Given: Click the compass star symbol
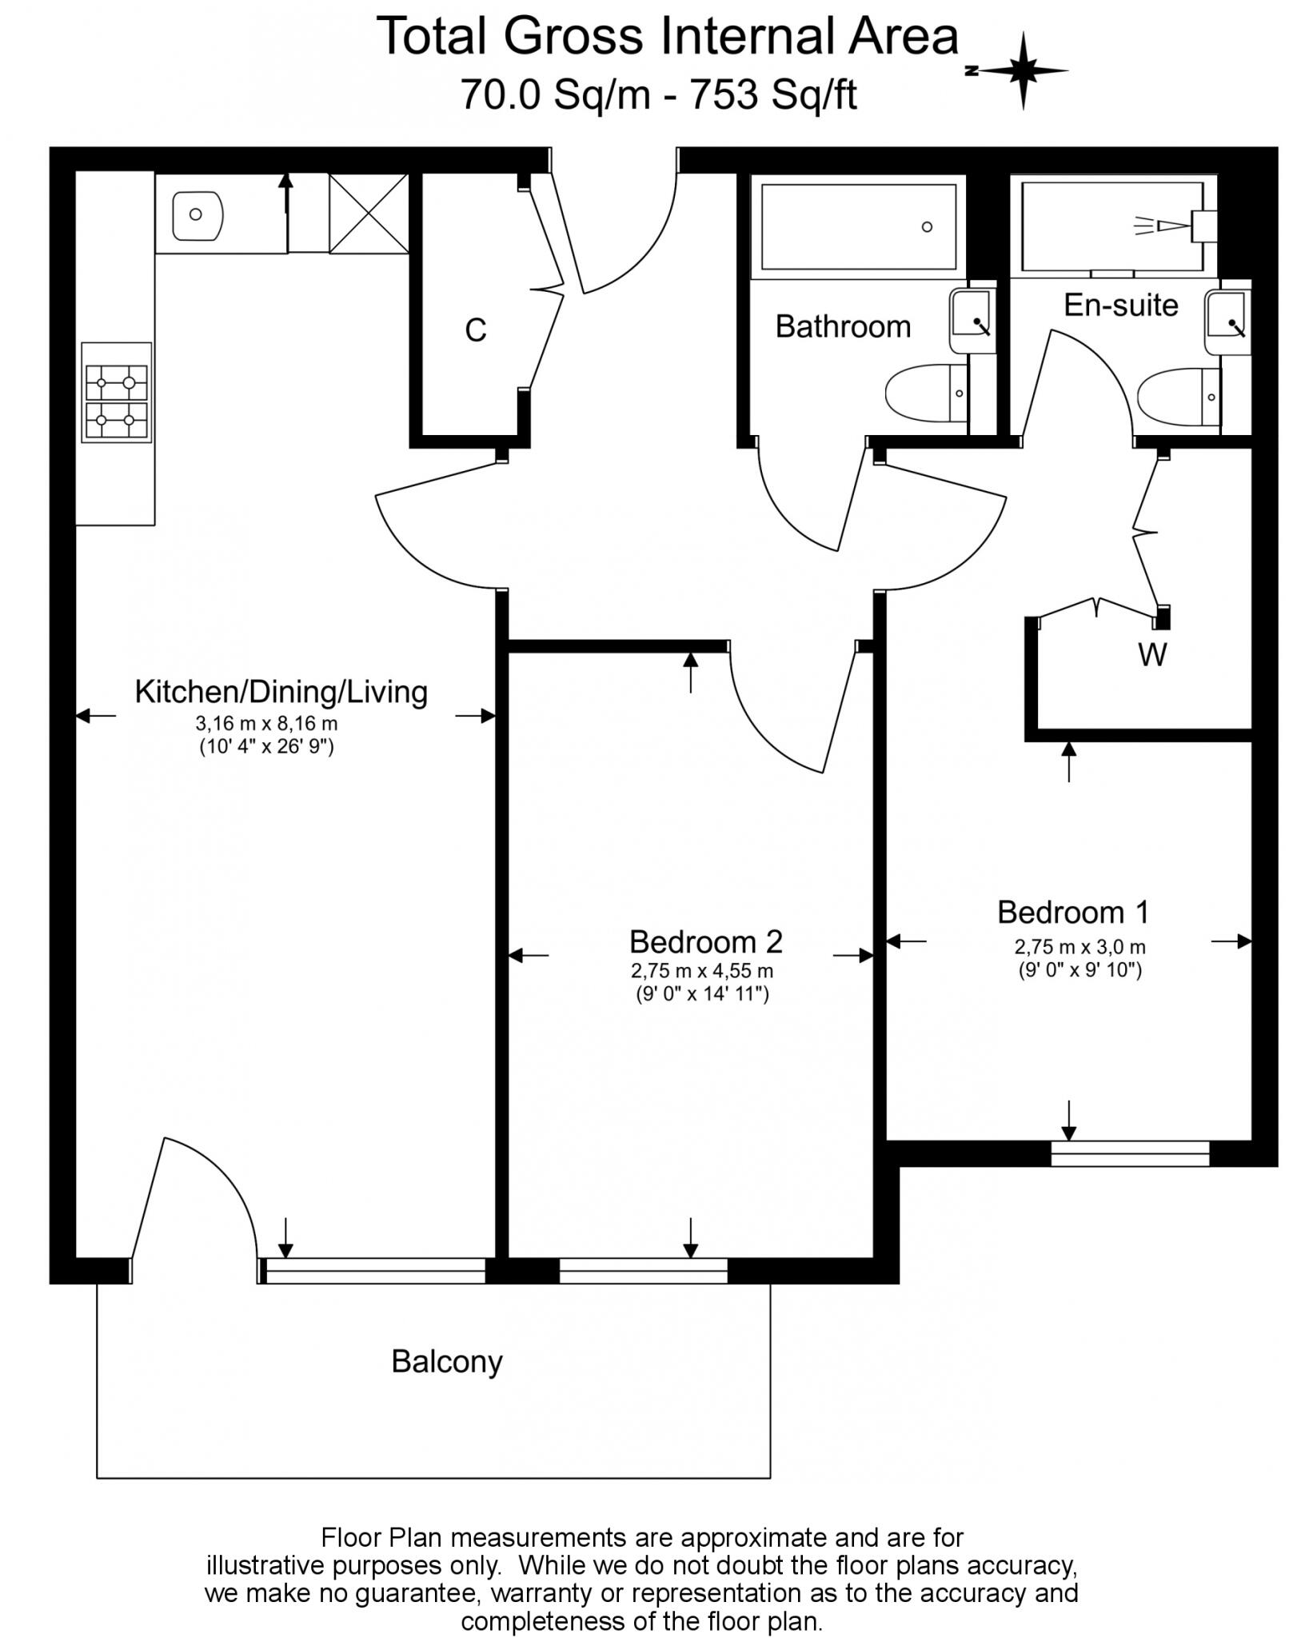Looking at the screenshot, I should pos(1023,71).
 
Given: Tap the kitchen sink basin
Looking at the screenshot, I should pos(197,214).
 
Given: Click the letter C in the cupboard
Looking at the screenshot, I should pos(476,330).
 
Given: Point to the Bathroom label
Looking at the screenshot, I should pos(843,326).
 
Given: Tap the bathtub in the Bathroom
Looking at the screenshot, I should pos(858,226).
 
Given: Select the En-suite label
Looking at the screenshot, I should pos(1120,305).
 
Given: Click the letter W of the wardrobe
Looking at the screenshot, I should pos(1152,655).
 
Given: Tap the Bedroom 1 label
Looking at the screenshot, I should pos(1072,912).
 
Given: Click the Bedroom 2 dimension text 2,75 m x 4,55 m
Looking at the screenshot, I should pos(701,971).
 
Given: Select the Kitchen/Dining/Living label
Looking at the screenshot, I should pos(281,692).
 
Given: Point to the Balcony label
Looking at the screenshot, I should pos(446,1383).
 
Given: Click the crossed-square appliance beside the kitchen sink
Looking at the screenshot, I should pos(369,214).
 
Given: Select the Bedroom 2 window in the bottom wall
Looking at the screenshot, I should pos(643,1271).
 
